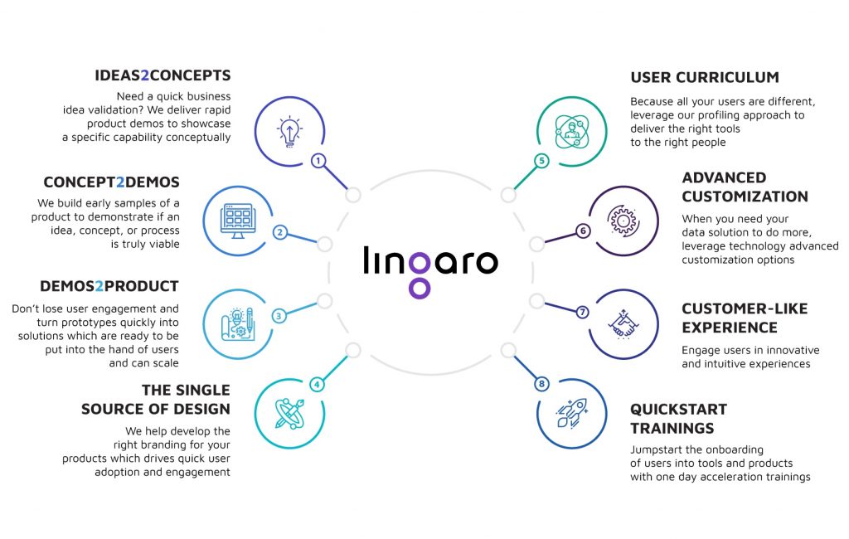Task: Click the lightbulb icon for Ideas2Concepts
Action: (289, 132)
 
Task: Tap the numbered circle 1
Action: (318, 160)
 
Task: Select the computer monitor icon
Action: (238, 221)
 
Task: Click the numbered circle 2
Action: (280, 232)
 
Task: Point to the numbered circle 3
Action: (279, 316)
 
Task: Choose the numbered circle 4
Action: (317, 385)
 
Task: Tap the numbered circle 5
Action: (541, 160)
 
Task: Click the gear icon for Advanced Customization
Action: (623, 221)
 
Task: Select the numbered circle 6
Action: (583, 231)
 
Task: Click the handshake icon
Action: (623, 324)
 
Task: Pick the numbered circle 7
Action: (582, 312)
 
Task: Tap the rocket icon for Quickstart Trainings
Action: (572, 413)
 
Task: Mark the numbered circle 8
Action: (541, 384)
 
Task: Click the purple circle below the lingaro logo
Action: (419, 289)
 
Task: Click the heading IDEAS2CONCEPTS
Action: (163, 75)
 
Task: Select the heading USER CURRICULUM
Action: (705, 77)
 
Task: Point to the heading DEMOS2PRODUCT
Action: (109, 286)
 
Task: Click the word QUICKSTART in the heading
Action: (678, 409)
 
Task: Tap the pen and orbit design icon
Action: (289, 414)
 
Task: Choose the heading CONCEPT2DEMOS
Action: (112, 182)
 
